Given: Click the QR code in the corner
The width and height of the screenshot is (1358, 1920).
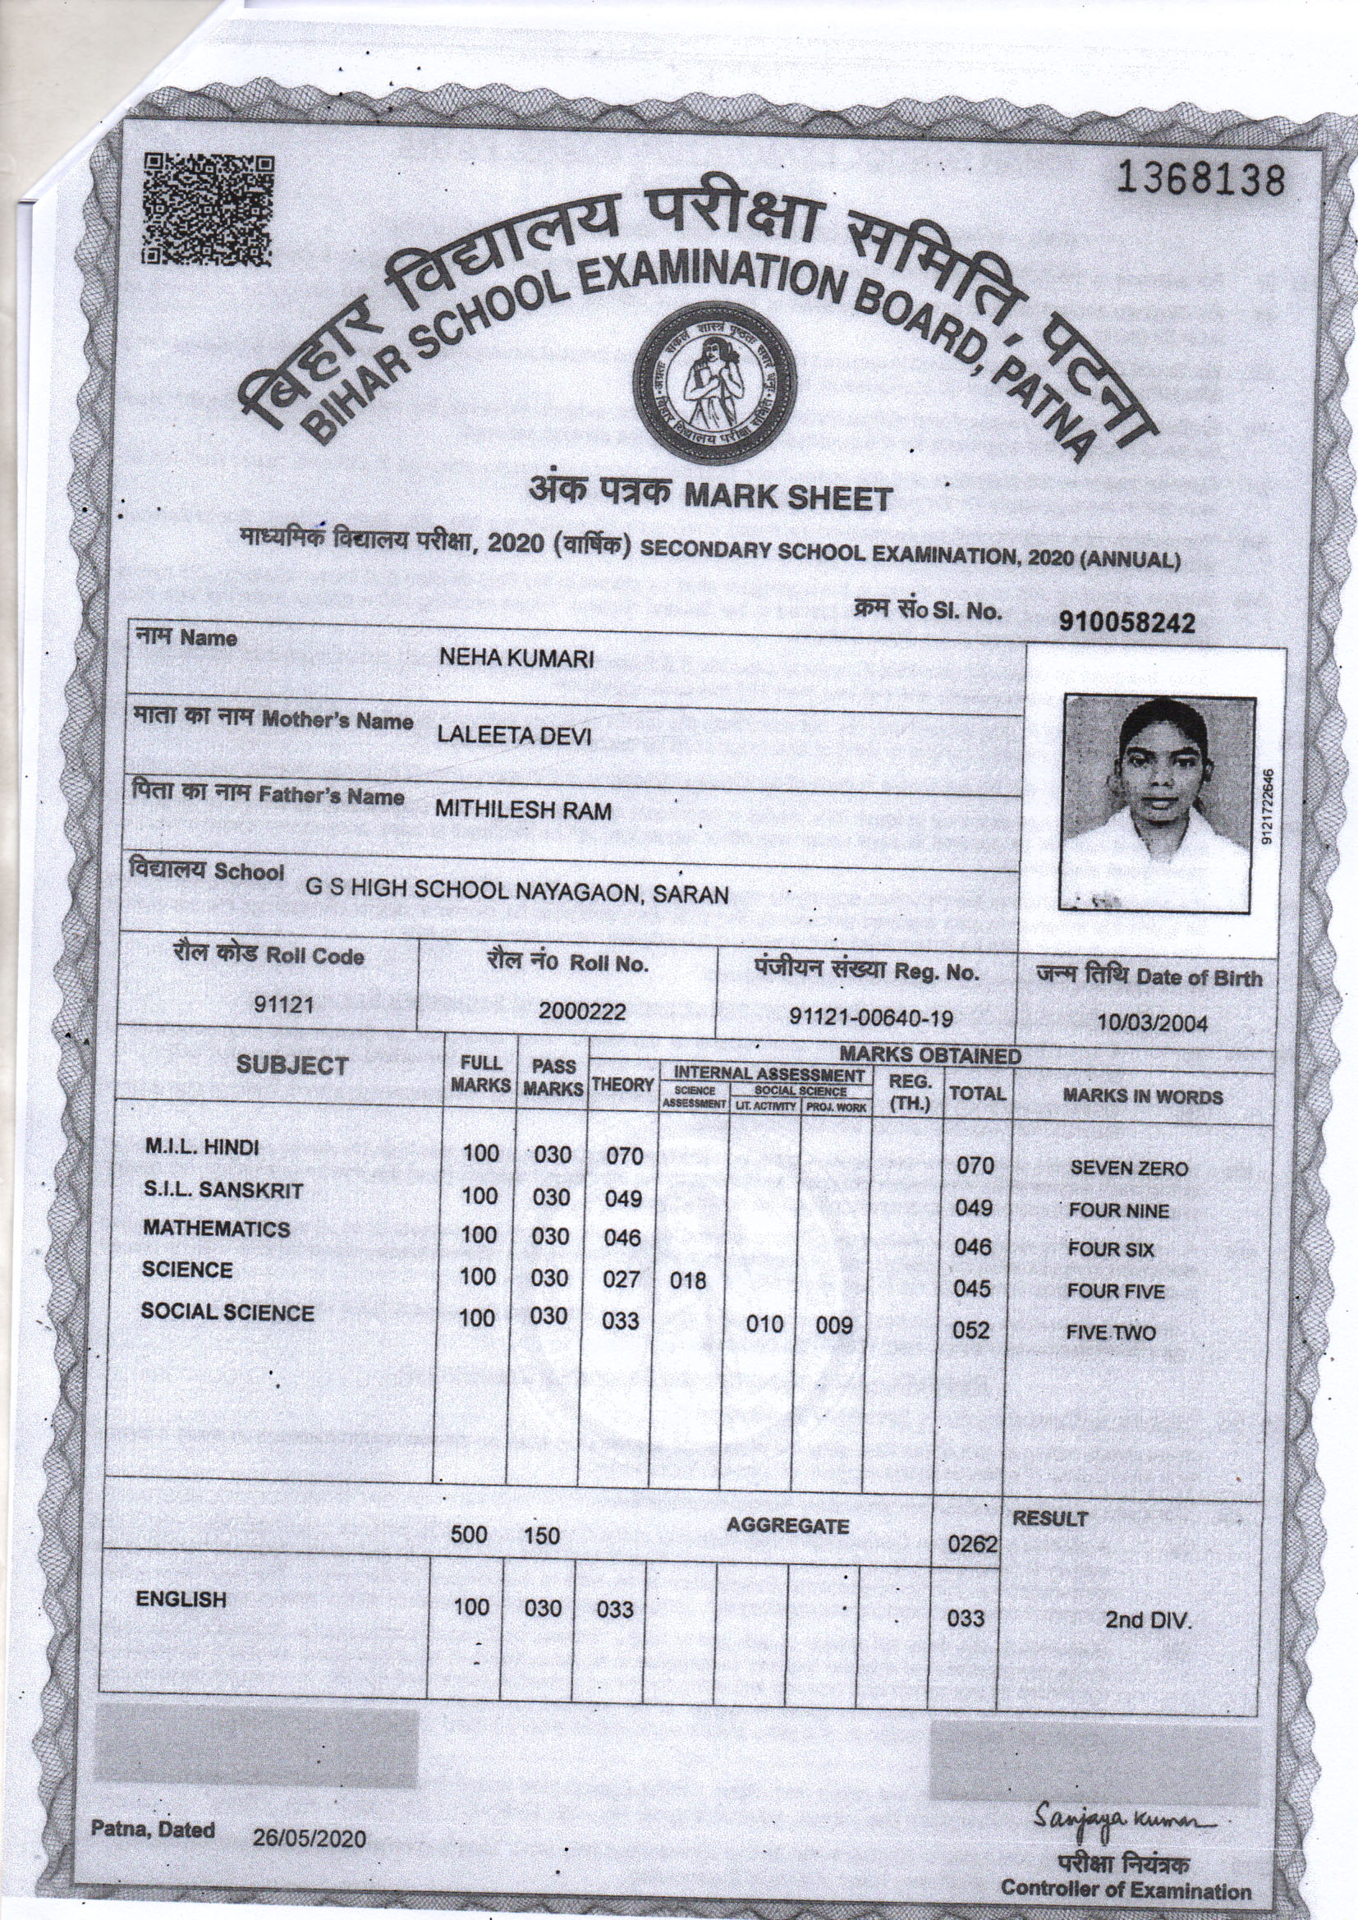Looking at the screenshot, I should [208, 209].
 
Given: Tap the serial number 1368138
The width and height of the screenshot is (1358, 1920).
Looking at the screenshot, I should [1200, 179].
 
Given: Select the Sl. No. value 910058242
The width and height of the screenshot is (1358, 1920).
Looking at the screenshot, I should [1126, 622].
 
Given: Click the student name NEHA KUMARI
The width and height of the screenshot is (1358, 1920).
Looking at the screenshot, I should [516, 659].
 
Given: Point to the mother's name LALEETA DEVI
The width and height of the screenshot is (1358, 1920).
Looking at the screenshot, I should [513, 735].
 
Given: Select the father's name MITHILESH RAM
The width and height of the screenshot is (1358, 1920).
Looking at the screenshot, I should [523, 810].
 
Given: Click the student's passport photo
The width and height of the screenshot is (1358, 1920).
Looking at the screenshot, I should [1158, 802].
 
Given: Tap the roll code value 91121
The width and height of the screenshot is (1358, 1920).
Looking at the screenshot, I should [283, 1004].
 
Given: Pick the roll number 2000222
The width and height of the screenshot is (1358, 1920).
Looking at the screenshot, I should [582, 1011].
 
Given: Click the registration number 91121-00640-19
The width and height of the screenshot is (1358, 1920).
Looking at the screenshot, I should [871, 1017].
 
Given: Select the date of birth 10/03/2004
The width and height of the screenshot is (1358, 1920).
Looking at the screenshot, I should [1151, 1022].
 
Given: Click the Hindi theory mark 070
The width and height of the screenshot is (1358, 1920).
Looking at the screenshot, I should [624, 1156].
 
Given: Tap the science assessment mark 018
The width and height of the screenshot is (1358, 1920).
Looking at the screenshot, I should [687, 1280].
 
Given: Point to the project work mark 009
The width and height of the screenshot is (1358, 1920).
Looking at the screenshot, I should [833, 1325].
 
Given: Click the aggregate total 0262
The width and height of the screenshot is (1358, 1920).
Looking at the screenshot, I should [972, 1544].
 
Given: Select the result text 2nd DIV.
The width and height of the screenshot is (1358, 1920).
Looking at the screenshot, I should [1147, 1619].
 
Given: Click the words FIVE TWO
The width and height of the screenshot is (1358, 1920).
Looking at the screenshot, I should [1111, 1333].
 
